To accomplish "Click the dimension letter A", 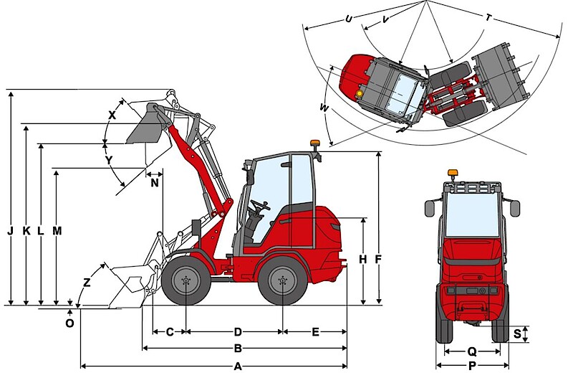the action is tap(238, 367).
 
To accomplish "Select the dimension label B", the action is tap(238, 349).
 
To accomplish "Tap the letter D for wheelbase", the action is tap(238, 332).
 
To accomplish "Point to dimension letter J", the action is tap(11, 231).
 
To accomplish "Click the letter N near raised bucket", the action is tap(155, 183).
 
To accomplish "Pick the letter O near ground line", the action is tap(69, 323).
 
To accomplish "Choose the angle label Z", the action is tap(87, 283).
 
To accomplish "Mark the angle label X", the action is tap(112, 115).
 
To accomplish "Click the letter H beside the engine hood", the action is tap(362, 260).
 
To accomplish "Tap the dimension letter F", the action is tap(378, 260).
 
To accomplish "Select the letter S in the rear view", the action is tap(517, 334).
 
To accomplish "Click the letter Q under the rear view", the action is tap(472, 352).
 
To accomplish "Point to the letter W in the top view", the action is tap(324, 108).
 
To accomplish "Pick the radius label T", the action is tap(488, 17).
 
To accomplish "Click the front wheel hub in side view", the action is tap(186, 281).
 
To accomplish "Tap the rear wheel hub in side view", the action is tap(282, 281).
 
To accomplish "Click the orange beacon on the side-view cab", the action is tap(314, 143).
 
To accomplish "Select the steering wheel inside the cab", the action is tap(260, 205).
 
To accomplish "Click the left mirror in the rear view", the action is tap(429, 208).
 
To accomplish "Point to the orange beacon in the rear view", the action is tap(453, 172).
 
